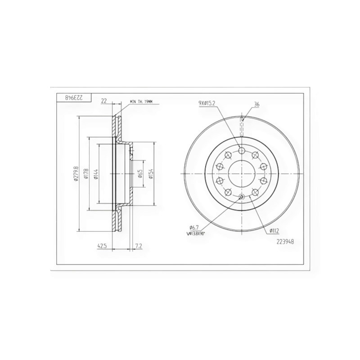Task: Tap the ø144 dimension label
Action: [96, 174]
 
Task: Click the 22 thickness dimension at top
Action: [104, 101]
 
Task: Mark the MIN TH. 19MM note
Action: [141, 102]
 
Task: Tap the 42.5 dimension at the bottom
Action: [102, 246]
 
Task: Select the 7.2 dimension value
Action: [139, 246]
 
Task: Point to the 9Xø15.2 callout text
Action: [207, 103]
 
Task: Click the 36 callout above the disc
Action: [257, 104]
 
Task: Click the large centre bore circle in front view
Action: [241, 174]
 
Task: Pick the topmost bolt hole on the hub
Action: [241, 150]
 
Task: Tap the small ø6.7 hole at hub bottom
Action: [242, 197]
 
